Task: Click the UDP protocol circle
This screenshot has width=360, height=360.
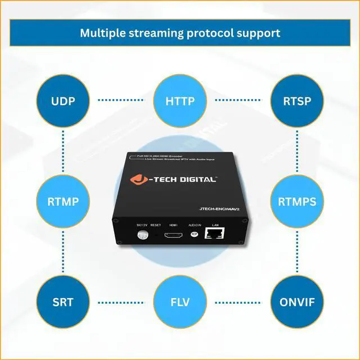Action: [64, 102]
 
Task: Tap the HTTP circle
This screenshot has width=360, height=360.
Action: [180, 102]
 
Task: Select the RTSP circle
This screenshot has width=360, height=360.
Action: [296, 102]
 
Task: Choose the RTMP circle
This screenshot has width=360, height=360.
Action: [64, 201]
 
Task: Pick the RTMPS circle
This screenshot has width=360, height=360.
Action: [296, 201]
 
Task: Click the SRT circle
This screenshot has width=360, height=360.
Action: [64, 301]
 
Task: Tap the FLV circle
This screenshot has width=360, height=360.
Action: [180, 301]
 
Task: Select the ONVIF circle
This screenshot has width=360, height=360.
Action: [296, 301]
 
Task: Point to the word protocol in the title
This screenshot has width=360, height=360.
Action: [212, 33]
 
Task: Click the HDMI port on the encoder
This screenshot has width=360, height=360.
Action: [173, 237]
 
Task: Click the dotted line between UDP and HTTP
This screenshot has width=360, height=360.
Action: [121, 101]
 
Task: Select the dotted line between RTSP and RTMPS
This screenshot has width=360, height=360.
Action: [296, 152]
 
